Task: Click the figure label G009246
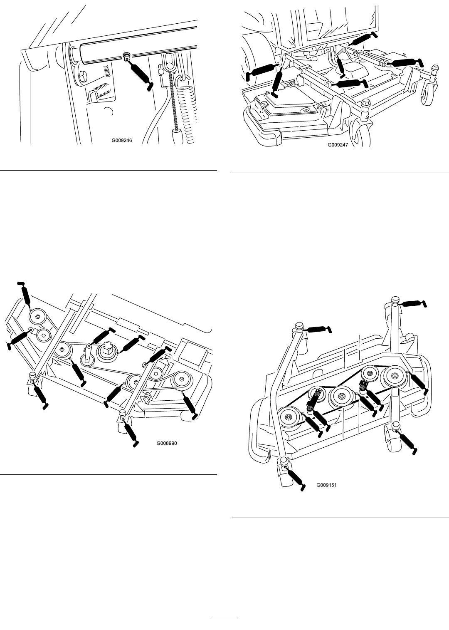pyautogui.click(x=122, y=141)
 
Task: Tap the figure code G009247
pyautogui.click(x=338, y=145)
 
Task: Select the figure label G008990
pyautogui.click(x=167, y=444)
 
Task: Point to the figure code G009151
pyautogui.click(x=327, y=485)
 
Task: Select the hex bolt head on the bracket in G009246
pyautogui.click(x=83, y=76)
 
